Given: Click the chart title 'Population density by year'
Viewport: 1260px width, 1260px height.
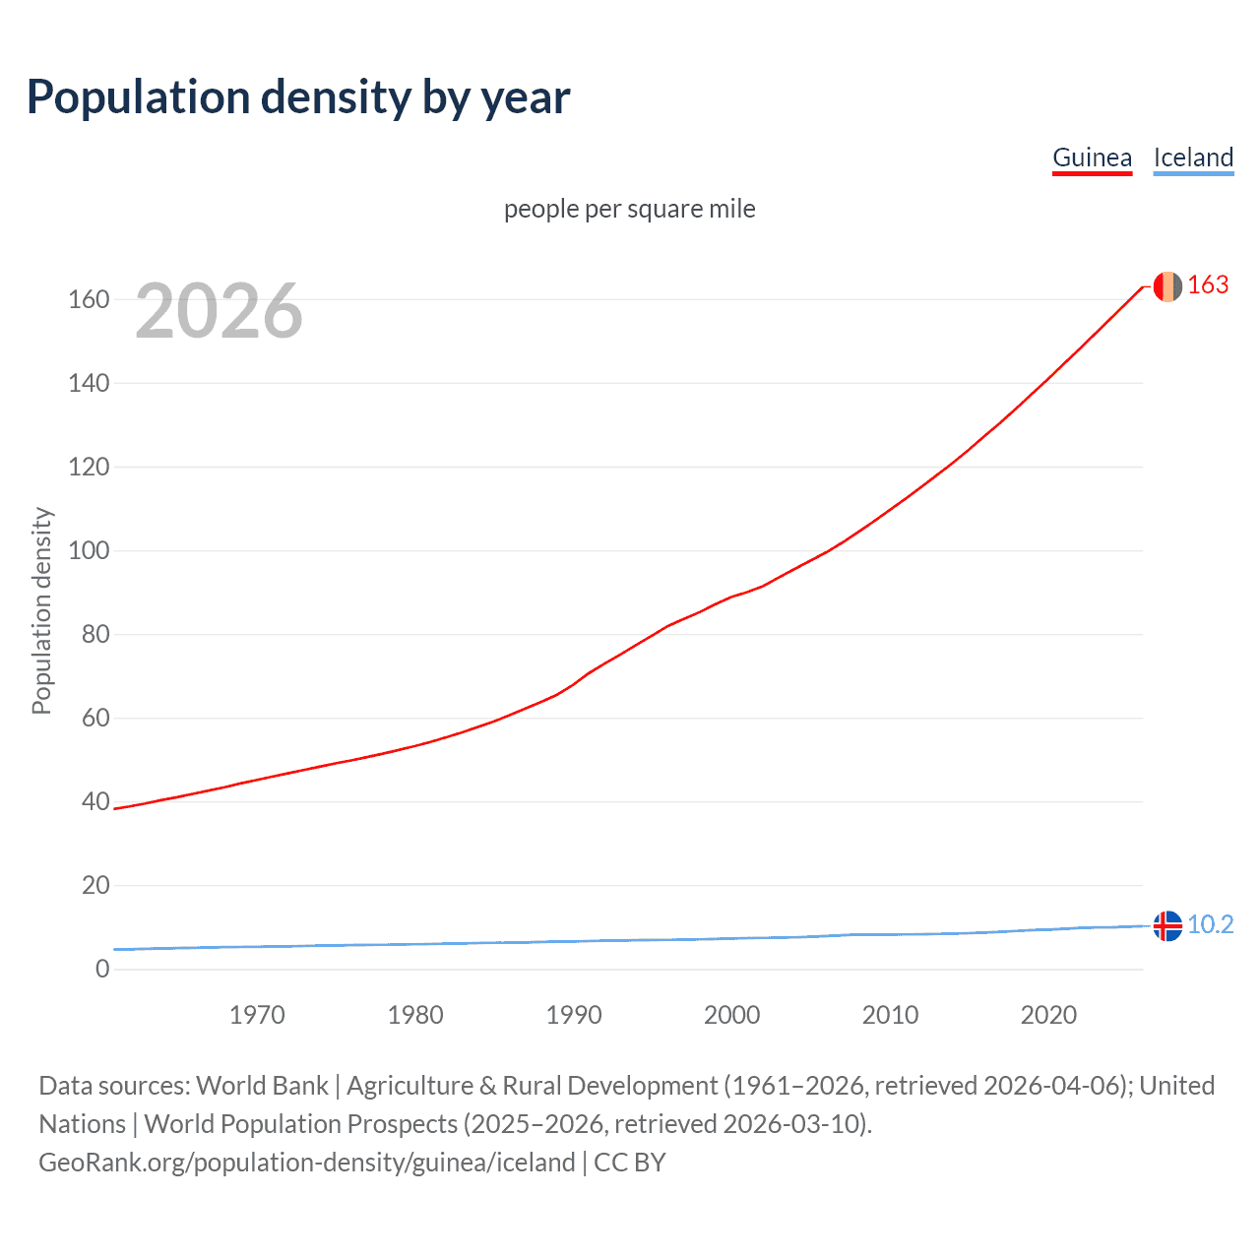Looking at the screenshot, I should pyautogui.click(x=298, y=97).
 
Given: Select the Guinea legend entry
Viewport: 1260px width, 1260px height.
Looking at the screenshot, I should pyautogui.click(x=1092, y=157).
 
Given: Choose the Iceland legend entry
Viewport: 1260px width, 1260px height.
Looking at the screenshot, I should pyautogui.click(x=1193, y=157).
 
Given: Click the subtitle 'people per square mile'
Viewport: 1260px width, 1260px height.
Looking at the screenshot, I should pyautogui.click(x=630, y=209).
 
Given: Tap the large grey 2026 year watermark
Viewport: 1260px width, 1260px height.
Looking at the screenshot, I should pyautogui.click(x=219, y=311).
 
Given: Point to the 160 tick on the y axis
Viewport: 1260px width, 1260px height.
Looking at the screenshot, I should pyautogui.click(x=89, y=299).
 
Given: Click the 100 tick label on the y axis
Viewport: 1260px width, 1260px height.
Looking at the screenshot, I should pyautogui.click(x=89, y=550).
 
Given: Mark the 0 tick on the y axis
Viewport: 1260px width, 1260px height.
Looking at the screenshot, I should pyautogui.click(x=102, y=969).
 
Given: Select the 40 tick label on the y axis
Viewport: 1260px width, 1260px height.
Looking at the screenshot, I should pyautogui.click(x=95, y=801).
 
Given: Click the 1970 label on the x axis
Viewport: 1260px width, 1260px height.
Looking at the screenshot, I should pyautogui.click(x=257, y=1015).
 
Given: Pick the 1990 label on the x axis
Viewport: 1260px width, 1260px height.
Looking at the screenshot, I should pyautogui.click(x=574, y=1015).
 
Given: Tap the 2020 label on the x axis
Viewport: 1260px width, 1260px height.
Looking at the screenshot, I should pyautogui.click(x=1048, y=1015).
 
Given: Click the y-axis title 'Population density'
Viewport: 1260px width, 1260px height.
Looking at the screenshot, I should pyautogui.click(x=41, y=610).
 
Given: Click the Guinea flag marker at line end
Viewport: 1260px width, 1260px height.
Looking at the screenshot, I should pyautogui.click(x=1167, y=286).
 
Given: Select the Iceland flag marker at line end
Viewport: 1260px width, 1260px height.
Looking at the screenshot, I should pyautogui.click(x=1167, y=926).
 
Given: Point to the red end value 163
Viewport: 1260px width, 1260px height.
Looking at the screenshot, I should pyautogui.click(x=1208, y=285).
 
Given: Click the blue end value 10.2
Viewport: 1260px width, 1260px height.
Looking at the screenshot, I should pyautogui.click(x=1210, y=925).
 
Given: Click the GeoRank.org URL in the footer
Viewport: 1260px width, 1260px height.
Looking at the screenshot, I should pyautogui.click(x=307, y=1163).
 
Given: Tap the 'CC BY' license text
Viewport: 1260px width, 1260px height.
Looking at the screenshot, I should pyautogui.click(x=630, y=1163).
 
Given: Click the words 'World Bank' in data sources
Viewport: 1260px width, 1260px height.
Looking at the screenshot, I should pyautogui.click(x=262, y=1086).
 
